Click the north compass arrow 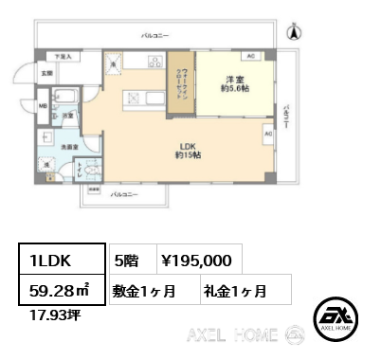pyautogui.click(x=294, y=31)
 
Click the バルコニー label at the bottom pyautogui.click(x=125, y=194)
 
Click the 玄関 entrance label pyautogui.click(x=45, y=73)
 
